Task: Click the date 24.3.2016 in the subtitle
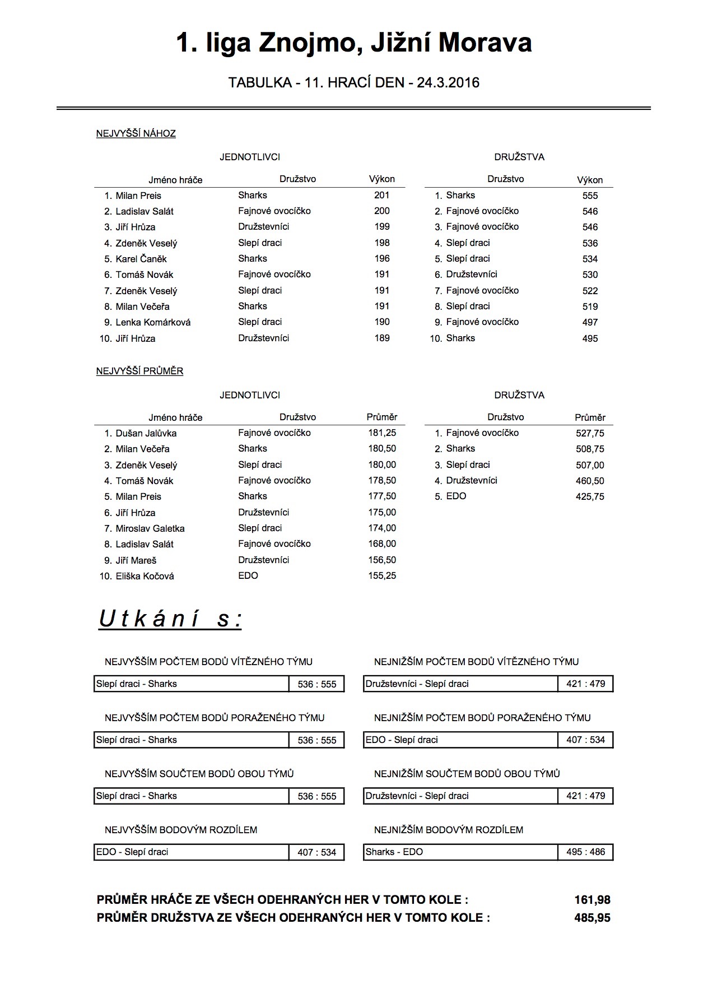tap(448, 83)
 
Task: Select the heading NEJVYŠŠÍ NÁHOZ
tap(136, 134)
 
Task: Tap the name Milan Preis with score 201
tap(138, 196)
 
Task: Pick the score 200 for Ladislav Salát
tap(381, 211)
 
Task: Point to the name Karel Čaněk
tap(141, 259)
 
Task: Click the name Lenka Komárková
tap(153, 323)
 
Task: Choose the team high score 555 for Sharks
tap(590, 196)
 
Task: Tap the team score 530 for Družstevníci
tap(590, 275)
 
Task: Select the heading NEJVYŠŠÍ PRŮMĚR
tap(139, 372)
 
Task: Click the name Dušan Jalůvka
tap(146, 433)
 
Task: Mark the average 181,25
tap(382, 433)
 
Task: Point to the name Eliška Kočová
tap(145, 576)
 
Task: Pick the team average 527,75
tap(590, 433)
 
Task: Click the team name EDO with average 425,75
tap(456, 496)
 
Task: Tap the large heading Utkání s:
tap(170, 619)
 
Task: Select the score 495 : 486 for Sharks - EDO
tap(585, 852)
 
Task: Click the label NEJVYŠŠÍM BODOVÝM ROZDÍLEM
tap(181, 830)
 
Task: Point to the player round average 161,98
tap(592, 900)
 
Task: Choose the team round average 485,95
tap(592, 918)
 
